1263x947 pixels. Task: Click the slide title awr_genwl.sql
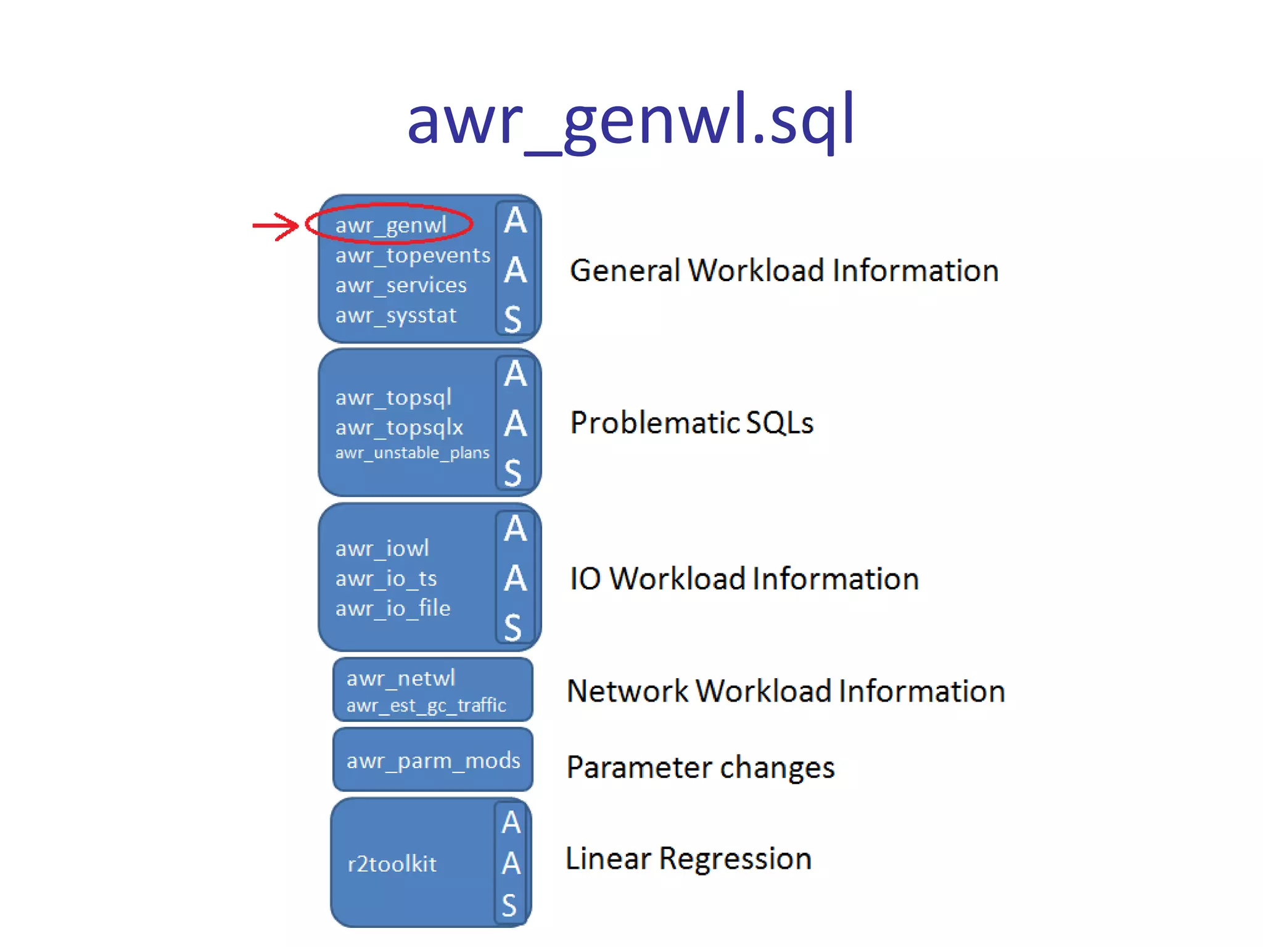pyautogui.click(x=630, y=120)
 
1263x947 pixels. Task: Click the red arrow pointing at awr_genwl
pyautogui.click(x=275, y=226)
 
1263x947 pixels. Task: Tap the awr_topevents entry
pyautogui.click(x=413, y=255)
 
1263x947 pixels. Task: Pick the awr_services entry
pyautogui.click(x=401, y=285)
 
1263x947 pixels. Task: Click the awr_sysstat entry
pyautogui.click(x=395, y=316)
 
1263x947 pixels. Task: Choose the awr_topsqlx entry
pyautogui.click(x=399, y=427)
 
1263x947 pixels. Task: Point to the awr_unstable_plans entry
pyautogui.click(x=412, y=453)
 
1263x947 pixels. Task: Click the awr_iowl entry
pyautogui.click(x=382, y=549)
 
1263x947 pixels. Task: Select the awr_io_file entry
pyautogui.click(x=393, y=609)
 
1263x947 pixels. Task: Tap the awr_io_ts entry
pyautogui.click(x=386, y=579)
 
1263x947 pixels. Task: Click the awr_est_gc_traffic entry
pyautogui.click(x=426, y=705)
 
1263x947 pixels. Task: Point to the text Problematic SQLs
pyautogui.click(x=691, y=423)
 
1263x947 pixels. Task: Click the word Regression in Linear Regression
pyautogui.click(x=735, y=859)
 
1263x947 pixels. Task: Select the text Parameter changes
pyautogui.click(x=700, y=768)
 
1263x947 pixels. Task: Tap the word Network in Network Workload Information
pyautogui.click(x=627, y=691)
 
